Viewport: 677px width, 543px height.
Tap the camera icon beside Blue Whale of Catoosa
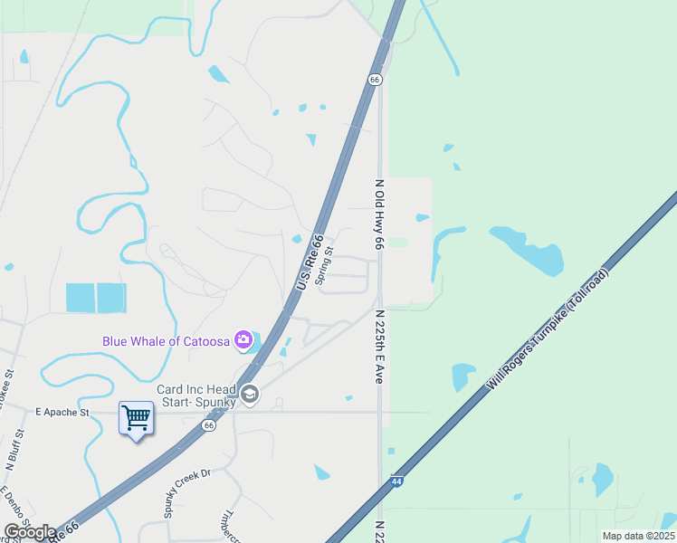(243, 340)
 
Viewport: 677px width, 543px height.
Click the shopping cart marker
(136, 419)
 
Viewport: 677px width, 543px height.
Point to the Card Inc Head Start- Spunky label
(196, 395)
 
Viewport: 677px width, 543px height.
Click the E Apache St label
(62, 412)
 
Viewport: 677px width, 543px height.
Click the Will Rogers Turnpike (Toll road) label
(548, 329)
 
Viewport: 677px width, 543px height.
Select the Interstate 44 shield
(396, 481)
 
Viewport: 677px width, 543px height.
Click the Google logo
(30, 532)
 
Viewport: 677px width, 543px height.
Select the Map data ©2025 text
(638, 536)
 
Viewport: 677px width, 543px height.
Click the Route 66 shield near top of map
(375, 80)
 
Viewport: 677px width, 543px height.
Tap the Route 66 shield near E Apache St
(209, 424)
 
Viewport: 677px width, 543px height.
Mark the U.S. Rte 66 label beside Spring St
(309, 263)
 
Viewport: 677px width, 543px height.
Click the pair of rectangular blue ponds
(96, 298)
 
